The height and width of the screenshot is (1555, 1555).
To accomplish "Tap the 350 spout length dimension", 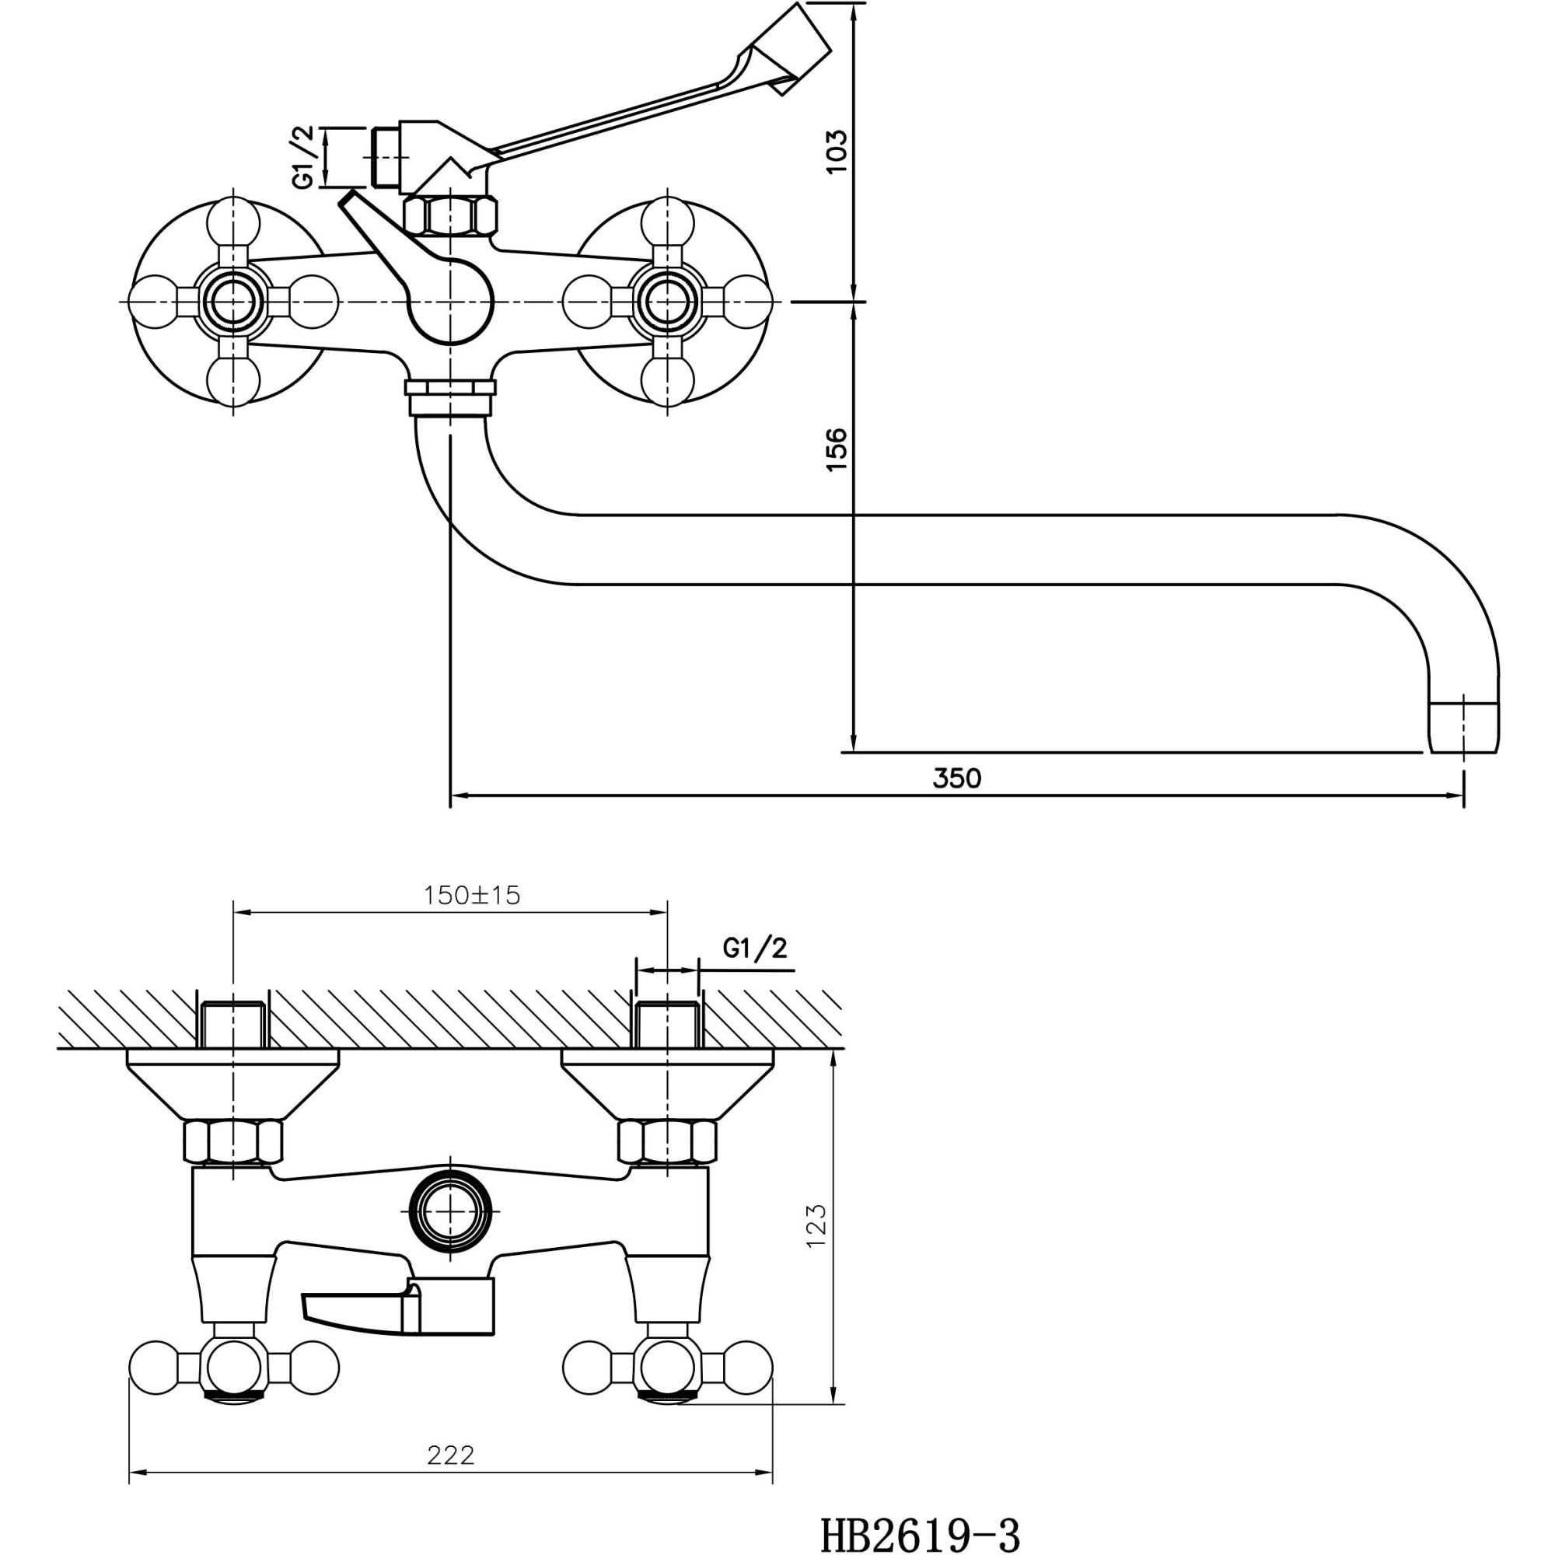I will pyautogui.click(x=957, y=778).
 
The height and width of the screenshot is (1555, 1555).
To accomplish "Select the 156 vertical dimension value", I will pyautogui.click(x=837, y=449).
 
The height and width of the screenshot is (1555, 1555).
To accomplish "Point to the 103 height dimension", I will pyautogui.click(x=837, y=151).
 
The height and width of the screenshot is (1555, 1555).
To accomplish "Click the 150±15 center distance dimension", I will pyautogui.click(x=473, y=895).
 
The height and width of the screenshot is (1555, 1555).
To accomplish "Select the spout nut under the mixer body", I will pyautogui.click(x=451, y=398).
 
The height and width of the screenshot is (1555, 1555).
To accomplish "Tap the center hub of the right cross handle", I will pyautogui.click(x=666, y=301).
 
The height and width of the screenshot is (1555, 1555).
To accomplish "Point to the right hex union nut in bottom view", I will pyautogui.click(x=666, y=1142).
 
